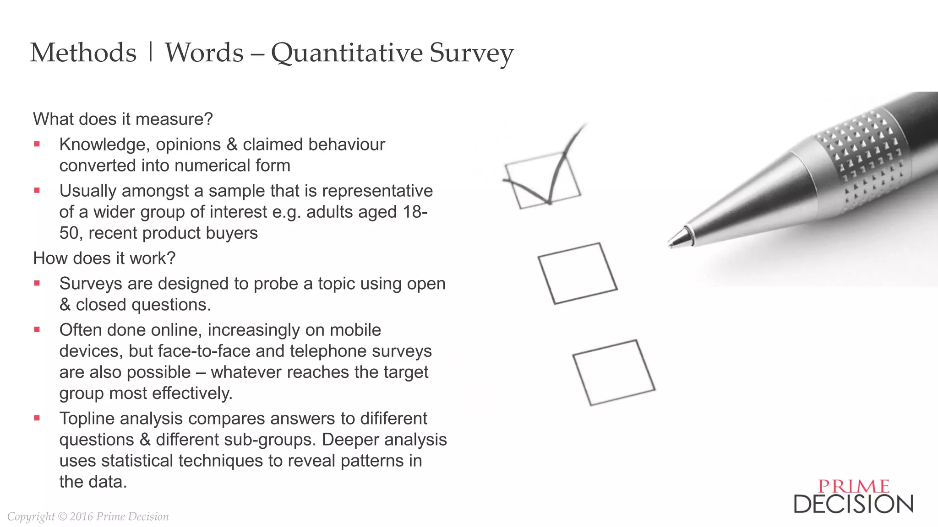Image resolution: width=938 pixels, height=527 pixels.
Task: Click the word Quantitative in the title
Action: pos(347,53)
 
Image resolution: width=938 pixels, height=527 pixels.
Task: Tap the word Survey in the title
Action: pos(471,53)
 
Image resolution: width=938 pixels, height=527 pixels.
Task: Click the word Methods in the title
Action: pos(83,53)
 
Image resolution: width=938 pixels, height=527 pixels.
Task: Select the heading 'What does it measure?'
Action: pos(123,119)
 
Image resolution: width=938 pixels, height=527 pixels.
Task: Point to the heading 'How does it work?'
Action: pos(104,258)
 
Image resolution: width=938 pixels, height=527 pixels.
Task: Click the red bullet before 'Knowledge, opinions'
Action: pos(37,145)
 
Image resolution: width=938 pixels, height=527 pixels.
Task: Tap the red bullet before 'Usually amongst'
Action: pos(37,191)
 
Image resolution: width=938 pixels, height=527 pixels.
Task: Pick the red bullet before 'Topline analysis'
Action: pos(37,418)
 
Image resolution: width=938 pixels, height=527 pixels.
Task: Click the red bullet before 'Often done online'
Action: pos(37,329)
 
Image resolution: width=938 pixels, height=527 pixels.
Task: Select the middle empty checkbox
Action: pos(578,273)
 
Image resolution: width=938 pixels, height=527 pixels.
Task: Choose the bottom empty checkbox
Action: pos(614,372)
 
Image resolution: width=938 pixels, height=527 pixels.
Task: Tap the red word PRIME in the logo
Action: pos(854,486)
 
